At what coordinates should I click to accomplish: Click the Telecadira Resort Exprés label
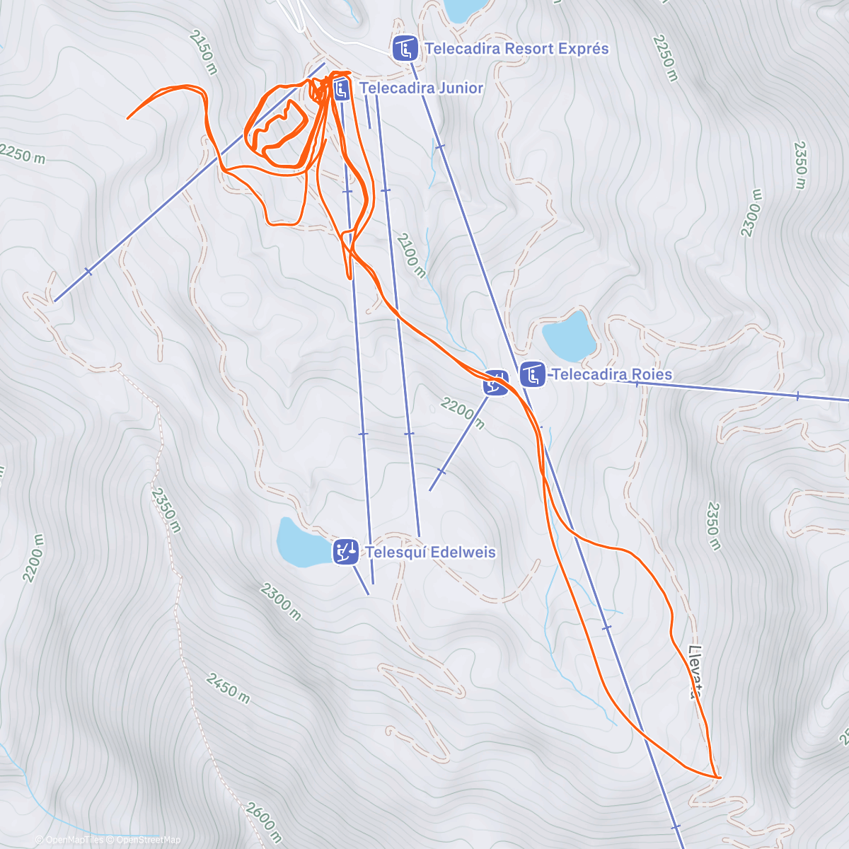click(516, 49)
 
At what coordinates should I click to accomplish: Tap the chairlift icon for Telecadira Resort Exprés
click(405, 49)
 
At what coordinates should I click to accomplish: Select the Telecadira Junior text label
click(422, 88)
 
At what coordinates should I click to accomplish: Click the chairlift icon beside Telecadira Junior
click(341, 88)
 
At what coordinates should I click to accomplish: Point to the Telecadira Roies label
click(612, 374)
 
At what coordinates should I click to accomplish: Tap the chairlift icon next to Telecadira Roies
click(532, 374)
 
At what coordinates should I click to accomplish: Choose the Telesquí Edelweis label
click(430, 552)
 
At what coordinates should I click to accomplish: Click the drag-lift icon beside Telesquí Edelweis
click(345, 552)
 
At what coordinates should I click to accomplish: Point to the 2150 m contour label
click(204, 52)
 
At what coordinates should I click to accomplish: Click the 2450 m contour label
click(229, 688)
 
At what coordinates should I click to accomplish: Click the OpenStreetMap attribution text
click(149, 840)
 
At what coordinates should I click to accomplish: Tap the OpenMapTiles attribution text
click(75, 840)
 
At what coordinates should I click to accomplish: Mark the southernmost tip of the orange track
click(719, 778)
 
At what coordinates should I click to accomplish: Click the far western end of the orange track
click(128, 117)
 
